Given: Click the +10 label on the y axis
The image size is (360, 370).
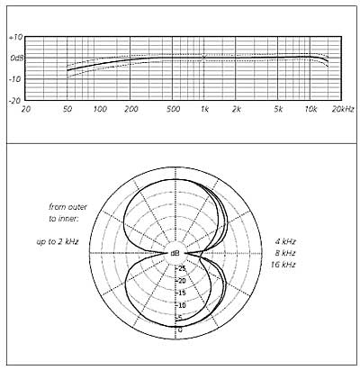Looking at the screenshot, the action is tap(15, 38).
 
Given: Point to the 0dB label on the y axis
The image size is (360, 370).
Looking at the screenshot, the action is tap(16, 59).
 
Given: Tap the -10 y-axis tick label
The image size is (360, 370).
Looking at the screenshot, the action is tap(15, 79).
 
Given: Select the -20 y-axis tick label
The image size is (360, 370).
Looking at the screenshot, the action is tap(15, 101).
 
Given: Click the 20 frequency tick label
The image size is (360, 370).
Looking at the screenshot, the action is tap(26, 109).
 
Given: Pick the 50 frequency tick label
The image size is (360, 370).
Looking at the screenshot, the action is tap(67, 109).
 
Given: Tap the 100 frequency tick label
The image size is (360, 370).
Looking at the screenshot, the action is tap(100, 109).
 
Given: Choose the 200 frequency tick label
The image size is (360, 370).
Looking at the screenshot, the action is tap(131, 109).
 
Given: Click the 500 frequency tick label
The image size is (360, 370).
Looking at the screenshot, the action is tap(173, 109).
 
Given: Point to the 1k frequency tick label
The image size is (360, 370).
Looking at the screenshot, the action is tap(204, 109).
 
